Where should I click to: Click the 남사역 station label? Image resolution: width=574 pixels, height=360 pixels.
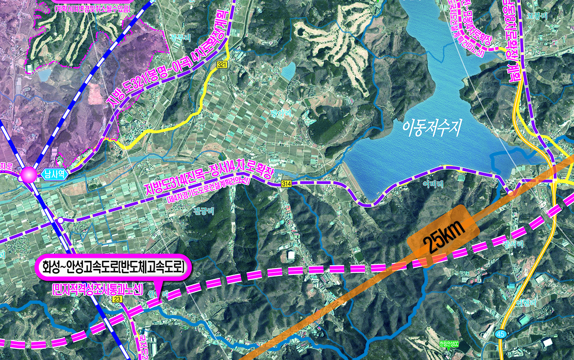pyautogui.click(x=54, y=174)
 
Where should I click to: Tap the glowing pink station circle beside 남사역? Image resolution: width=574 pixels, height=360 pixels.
pyautogui.click(x=29, y=175)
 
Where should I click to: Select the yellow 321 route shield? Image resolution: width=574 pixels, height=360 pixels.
pyautogui.click(x=222, y=64)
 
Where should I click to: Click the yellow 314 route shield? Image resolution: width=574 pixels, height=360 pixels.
pyautogui.click(x=286, y=184)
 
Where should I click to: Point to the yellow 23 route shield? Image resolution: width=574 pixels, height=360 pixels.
pyautogui.click(x=117, y=299)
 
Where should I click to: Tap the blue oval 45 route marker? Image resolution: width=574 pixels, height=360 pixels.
pyautogui.click(x=501, y=334)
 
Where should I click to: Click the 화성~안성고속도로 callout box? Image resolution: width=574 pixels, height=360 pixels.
pyautogui.click(x=113, y=268)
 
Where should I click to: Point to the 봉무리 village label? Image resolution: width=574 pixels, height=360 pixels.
pyautogui.click(x=181, y=38)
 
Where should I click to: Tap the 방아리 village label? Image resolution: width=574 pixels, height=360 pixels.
pyautogui.click(x=281, y=114)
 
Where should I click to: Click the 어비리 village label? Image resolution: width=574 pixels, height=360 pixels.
pyautogui.click(x=433, y=184)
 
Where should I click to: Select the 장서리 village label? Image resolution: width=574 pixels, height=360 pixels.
pyautogui.click(x=513, y=244)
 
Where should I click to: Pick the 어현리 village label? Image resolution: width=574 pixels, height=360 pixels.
pyautogui.click(x=526, y=303)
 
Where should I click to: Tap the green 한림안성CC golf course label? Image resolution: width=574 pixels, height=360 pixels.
pyautogui.click(x=449, y=344)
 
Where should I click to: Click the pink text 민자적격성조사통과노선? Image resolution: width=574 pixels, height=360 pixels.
pyautogui.click(x=97, y=290)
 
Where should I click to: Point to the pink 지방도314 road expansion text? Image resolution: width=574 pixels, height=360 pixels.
pyautogui.click(x=209, y=177)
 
